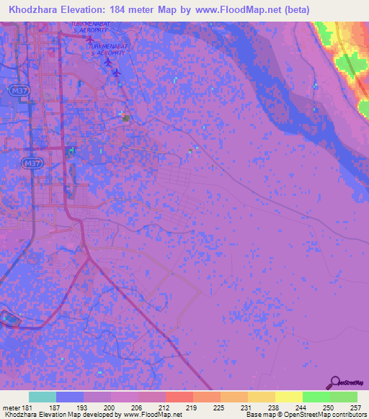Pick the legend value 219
(192, 408)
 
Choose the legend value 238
(274, 408)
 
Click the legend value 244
(301, 408)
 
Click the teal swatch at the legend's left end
(43, 397)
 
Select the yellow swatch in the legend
(288, 397)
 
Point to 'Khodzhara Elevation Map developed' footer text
(43, 415)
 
